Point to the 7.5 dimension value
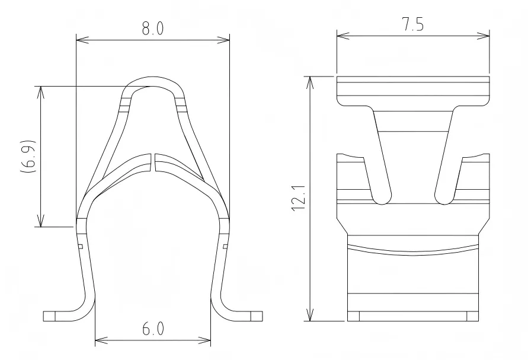coord(412,26)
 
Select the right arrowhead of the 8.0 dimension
coord(225,40)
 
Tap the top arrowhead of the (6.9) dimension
coord(40,90)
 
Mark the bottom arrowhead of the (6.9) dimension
coord(40,222)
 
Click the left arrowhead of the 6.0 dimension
coord(99,342)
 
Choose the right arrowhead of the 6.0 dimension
coord(207,342)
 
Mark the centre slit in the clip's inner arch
coord(153,163)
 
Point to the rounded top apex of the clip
coord(153,80)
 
